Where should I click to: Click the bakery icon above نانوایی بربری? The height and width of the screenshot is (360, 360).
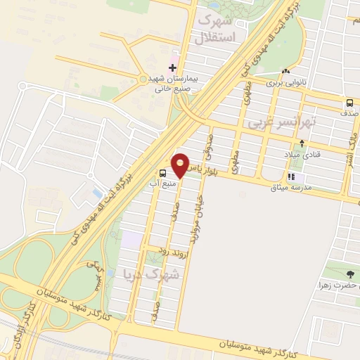[285, 71]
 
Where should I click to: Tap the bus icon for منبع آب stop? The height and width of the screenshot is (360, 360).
[163, 173]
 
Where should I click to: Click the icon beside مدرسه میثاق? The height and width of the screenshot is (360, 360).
[290, 177]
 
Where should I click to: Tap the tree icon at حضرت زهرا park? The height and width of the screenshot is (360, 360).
[351, 274]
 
